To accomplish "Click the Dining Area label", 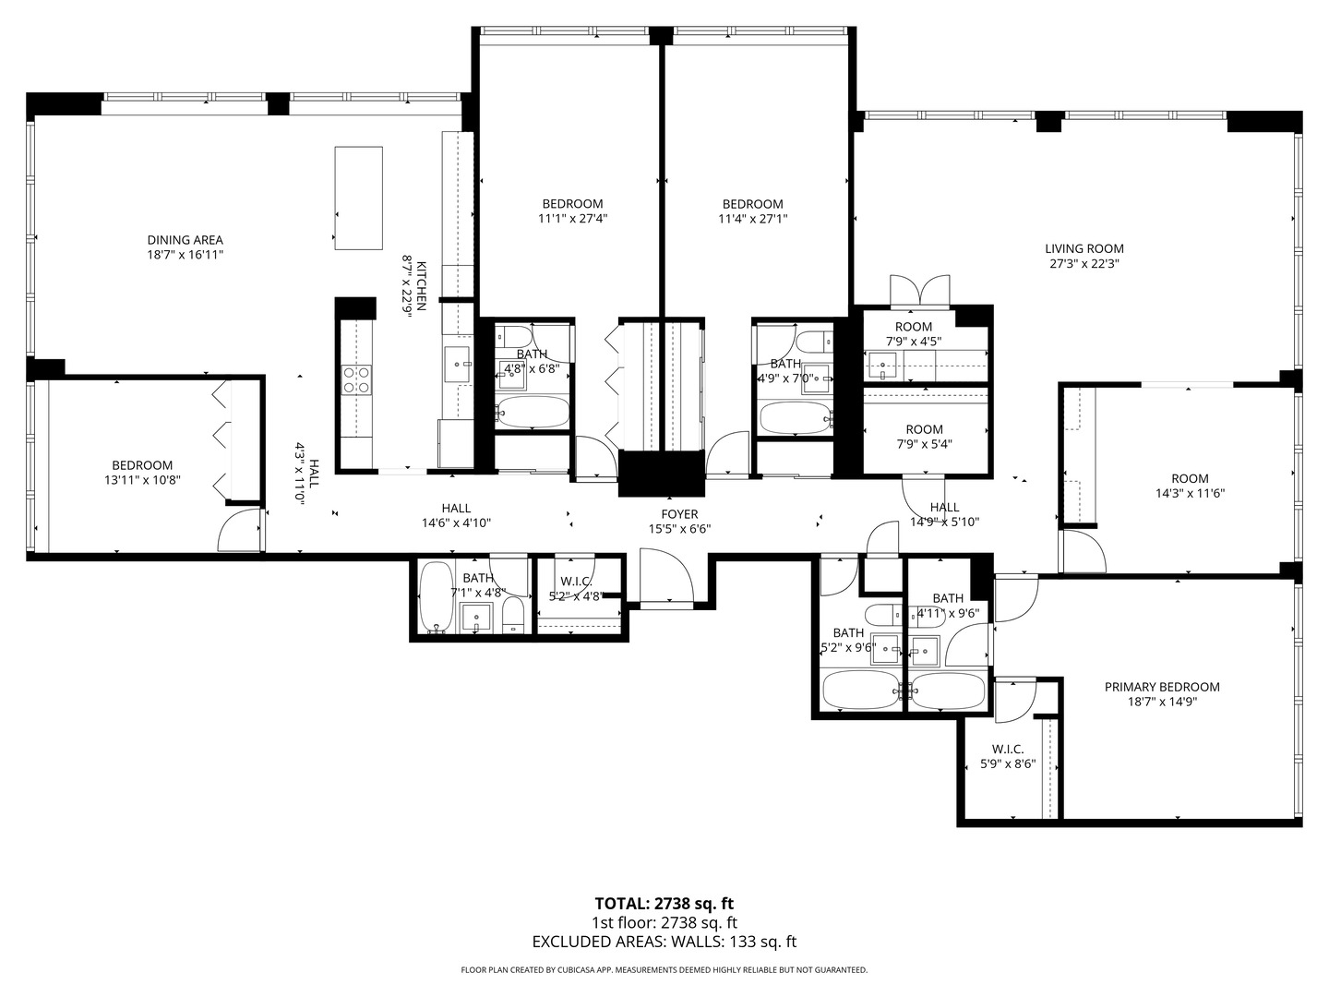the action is coord(186,240).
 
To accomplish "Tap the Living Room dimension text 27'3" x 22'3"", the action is coord(1084,264).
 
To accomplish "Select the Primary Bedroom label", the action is coord(1162,687).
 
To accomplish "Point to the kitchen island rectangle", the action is coord(358,198).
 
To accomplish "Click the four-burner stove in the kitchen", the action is coord(357,380).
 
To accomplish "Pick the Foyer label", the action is coord(680,514).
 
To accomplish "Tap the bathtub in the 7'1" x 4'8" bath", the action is coord(436,597).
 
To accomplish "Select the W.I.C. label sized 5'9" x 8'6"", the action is coord(1008,750).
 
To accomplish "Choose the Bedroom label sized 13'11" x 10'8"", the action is coord(142,465).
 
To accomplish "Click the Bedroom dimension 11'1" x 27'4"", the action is coord(573,219).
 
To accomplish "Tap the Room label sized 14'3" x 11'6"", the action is coord(1190,478).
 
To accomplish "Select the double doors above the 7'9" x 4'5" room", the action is coord(920,291).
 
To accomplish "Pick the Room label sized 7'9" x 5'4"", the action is coord(925,429).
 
